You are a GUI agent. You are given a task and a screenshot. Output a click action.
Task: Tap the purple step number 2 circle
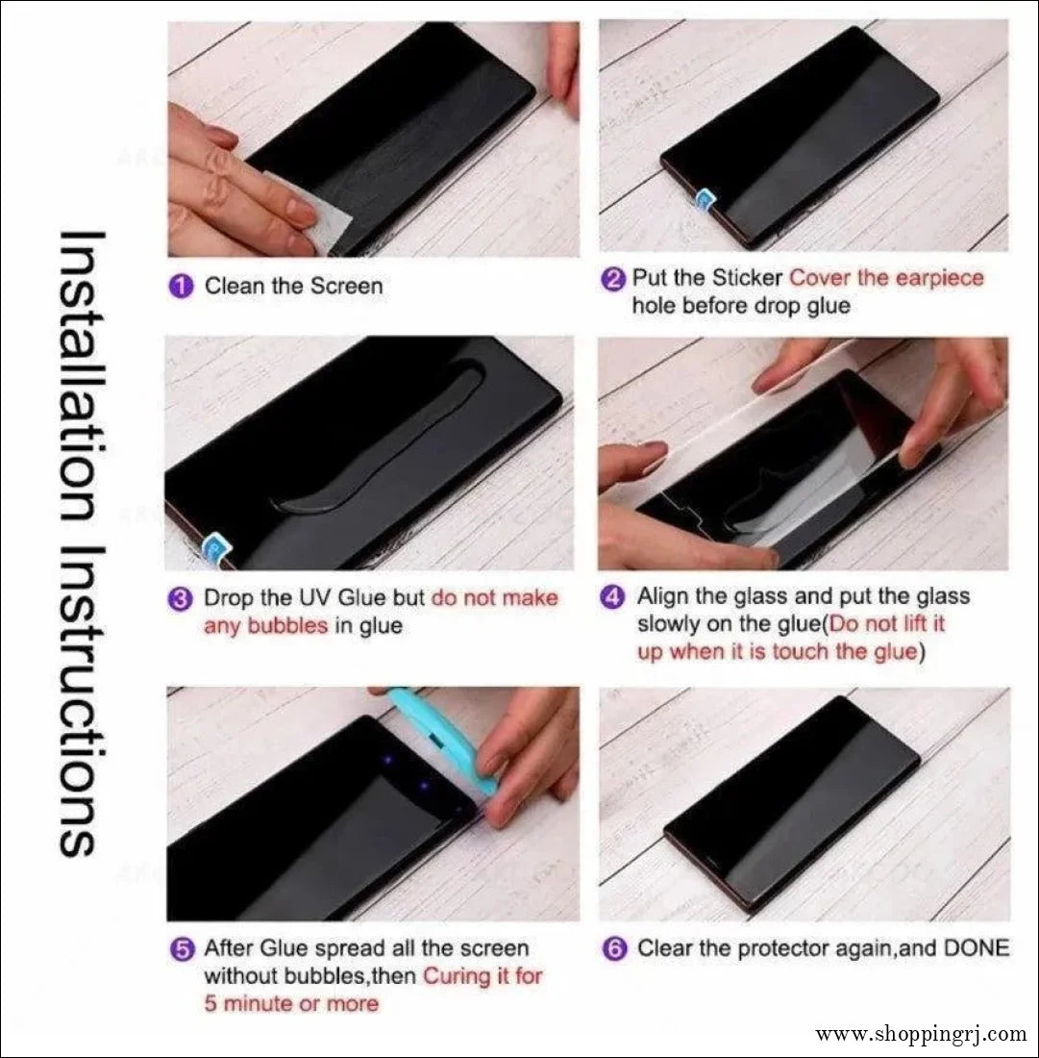pos(613,280)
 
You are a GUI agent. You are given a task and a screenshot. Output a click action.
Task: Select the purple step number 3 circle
pos(180,598)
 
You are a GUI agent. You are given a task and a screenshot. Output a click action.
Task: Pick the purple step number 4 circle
pos(613,597)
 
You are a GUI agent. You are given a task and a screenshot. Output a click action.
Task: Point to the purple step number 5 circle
pos(181,949)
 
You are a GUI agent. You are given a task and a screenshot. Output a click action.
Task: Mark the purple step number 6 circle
pos(613,948)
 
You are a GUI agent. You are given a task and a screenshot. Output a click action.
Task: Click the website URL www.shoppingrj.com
pos(921,1035)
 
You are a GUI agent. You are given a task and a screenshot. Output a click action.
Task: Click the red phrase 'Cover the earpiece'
pos(886,278)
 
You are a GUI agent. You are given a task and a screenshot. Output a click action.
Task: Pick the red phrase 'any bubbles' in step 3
pos(265,626)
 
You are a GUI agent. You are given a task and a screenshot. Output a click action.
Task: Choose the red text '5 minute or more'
pos(291,1004)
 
